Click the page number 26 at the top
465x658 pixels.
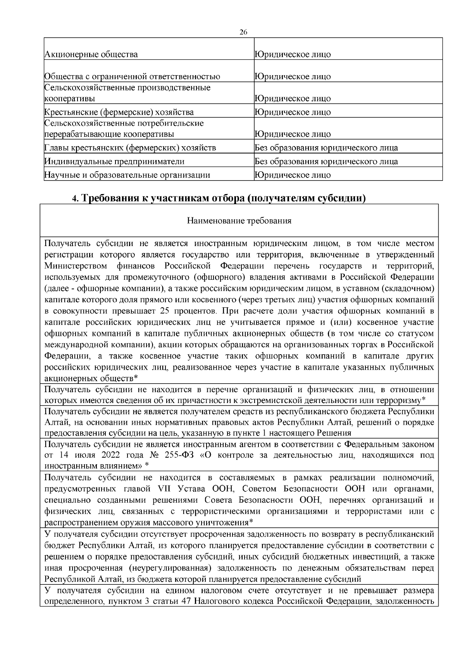(244, 32)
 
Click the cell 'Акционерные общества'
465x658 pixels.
(91, 54)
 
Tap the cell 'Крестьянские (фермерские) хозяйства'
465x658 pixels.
(119, 112)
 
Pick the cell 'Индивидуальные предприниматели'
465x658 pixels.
(114, 162)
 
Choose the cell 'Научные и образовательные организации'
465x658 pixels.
(127, 175)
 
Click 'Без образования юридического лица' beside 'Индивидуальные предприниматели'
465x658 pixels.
(326, 162)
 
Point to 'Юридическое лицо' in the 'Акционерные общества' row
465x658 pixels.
(293, 54)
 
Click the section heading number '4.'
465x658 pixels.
(75, 199)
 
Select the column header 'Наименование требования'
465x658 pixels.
(239, 221)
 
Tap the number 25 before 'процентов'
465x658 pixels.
(162, 311)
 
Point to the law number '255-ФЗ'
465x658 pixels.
(181, 455)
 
